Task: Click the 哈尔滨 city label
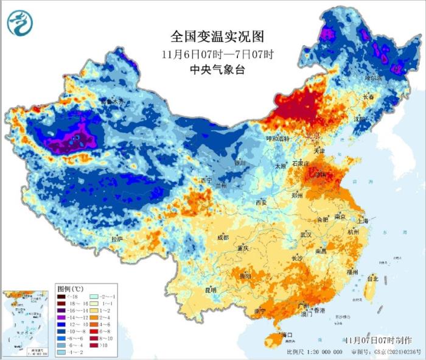(x=373, y=79)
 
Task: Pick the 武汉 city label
(x=305, y=235)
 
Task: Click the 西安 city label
(x=261, y=202)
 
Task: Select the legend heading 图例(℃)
(x=69, y=288)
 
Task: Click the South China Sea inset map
(x=26, y=323)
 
